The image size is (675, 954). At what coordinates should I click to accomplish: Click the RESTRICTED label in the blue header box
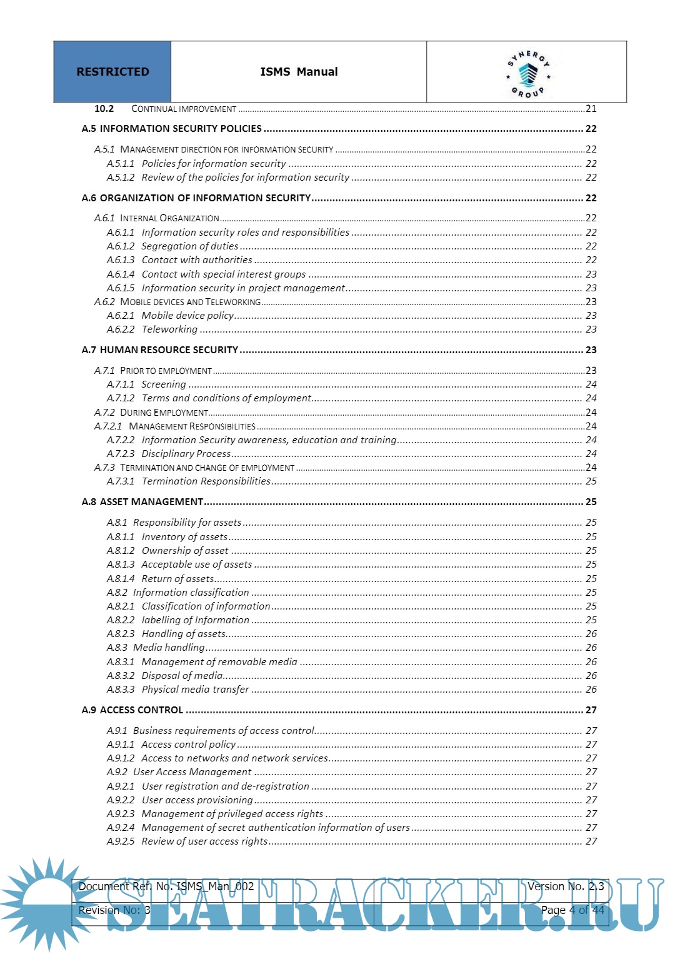(x=112, y=72)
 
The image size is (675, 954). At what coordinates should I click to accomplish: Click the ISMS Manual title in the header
(x=299, y=72)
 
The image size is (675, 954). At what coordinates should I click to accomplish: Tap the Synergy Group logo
(x=528, y=74)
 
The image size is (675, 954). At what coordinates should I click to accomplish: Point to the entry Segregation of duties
(x=190, y=246)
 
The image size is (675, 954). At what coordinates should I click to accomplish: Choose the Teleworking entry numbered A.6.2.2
(x=169, y=329)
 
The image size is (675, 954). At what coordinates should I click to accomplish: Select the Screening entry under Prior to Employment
(x=164, y=384)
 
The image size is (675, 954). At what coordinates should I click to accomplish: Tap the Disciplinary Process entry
(x=186, y=454)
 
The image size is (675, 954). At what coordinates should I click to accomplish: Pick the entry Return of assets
(x=178, y=579)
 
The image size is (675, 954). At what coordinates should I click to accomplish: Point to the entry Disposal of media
(x=182, y=676)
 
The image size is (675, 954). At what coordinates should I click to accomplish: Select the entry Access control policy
(x=189, y=745)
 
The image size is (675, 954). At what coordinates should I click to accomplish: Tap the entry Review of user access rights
(x=204, y=841)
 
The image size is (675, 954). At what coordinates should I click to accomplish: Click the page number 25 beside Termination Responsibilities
(x=591, y=481)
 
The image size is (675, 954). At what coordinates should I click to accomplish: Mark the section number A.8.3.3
(x=121, y=690)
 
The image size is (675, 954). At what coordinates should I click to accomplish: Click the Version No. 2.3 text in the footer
(x=566, y=886)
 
